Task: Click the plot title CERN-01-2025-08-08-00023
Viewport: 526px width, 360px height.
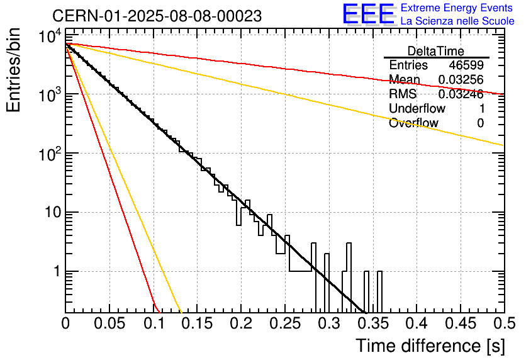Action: [x=157, y=16]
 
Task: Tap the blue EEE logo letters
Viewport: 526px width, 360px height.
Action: [x=368, y=14]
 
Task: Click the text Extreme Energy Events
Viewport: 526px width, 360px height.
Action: [x=457, y=8]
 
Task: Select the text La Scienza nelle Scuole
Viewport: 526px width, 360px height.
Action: [x=457, y=21]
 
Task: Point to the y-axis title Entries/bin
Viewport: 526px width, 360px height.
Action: [x=13, y=70]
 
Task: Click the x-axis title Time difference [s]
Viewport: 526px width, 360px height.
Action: [x=430, y=346]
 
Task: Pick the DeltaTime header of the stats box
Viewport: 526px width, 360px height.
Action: [x=436, y=51]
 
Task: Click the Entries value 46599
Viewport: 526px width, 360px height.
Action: [x=466, y=65]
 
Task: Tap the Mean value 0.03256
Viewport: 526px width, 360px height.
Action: [x=461, y=79]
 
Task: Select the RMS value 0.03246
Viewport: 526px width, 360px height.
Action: [x=461, y=94]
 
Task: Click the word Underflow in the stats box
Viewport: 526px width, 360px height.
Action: [x=417, y=108]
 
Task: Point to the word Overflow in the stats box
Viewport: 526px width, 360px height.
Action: [x=413, y=123]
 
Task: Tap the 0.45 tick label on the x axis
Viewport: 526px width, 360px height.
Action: [x=461, y=323]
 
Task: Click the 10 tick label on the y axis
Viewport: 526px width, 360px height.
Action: [x=53, y=212]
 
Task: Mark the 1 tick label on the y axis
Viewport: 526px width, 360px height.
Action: [x=57, y=271]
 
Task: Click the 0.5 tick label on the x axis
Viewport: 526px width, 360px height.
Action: [x=504, y=323]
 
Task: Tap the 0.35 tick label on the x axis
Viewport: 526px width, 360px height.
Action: [x=372, y=323]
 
